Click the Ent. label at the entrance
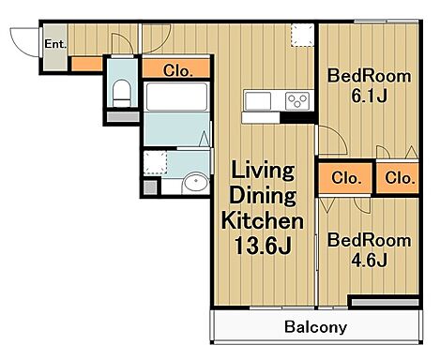pyautogui.click(x=55, y=44)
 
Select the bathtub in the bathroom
pyautogui.click(x=177, y=97)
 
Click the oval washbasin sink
pyautogui.click(x=196, y=181)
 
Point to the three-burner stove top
pyautogui.click(x=297, y=100)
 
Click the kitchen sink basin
pyautogui.click(x=258, y=101)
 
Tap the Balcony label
pyautogui.click(x=315, y=327)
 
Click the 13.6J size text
pyautogui.click(x=263, y=246)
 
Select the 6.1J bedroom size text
pyautogui.click(x=369, y=96)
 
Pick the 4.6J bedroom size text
pyautogui.click(x=369, y=260)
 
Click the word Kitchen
pyautogui.click(x=262, y=220)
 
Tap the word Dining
pyautogui.click(x=263, y=195)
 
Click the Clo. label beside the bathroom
pyautogui.click(x=177, y=70)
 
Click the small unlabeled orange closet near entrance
pyautogui.click(x=87, y=64)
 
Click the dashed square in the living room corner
pyautogui.click(x=302, y=35)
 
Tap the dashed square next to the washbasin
pyautogui.click(x=155, y=162)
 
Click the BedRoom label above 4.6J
pyautogui.click(x=369, y=240)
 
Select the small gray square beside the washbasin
pyautogui.click(x=150, y=187)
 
